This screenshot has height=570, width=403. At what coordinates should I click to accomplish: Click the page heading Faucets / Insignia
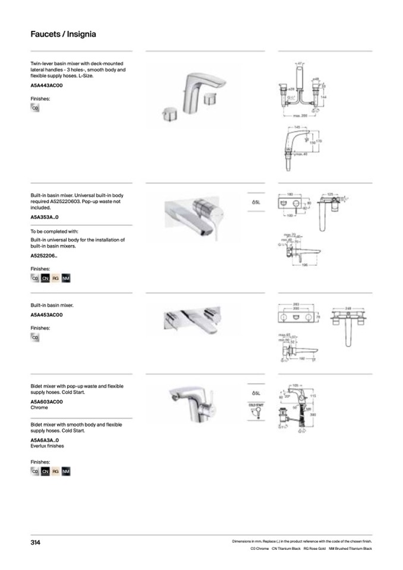click(63, 34)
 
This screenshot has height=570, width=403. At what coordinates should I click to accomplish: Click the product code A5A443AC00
click(46, 86)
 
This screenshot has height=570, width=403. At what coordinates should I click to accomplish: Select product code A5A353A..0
click(45, 218)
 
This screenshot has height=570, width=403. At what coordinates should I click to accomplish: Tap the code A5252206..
click(44, 256)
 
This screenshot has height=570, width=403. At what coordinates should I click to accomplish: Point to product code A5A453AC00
click(46, 315)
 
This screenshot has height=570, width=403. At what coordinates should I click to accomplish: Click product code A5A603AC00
click(46, 402)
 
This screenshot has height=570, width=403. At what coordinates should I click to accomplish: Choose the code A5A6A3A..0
click(45, 440)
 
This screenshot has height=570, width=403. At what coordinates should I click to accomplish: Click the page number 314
click(36, 542)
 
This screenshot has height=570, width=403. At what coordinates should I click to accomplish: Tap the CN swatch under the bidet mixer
click(45, 471)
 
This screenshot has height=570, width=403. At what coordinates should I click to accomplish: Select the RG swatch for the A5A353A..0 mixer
click(55, 278)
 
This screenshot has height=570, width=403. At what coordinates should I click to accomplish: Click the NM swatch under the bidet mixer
click(65, 471)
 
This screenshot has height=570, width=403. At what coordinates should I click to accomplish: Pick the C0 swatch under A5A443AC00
click(35, 108)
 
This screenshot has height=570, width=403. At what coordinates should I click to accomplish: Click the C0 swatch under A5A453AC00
click(35, 337)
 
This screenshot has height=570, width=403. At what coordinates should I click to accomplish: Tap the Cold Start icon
click(256, 410)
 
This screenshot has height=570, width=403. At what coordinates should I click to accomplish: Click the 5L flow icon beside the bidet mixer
click(256, 393)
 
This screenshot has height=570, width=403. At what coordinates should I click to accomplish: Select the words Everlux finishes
click(47, 446)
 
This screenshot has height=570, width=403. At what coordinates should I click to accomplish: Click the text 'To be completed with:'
click(54, 231)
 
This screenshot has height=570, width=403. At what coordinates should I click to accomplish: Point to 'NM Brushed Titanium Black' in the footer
click(351, 549)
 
